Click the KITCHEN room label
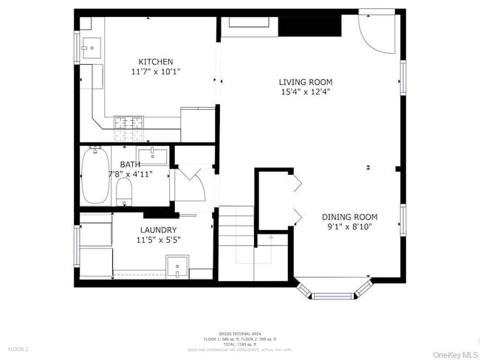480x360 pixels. click(x=156, y=62)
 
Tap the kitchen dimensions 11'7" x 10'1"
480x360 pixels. click(x=156, y=72)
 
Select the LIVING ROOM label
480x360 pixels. click(x=305, y=82)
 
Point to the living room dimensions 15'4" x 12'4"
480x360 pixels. click(x=305, y=92)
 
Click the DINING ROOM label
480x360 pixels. click(x=349, y=217)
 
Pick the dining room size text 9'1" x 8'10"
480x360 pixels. click(x=349, y=227)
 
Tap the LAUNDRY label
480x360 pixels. click(x=159, y=229)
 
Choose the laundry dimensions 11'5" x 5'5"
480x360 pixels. click(x=159, y=240)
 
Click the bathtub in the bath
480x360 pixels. click(x=95, y=176)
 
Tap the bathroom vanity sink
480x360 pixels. click(x=155, y=154)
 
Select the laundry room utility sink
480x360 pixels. click(x=176, y=266)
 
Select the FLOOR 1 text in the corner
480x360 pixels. click(x=18, y=348)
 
